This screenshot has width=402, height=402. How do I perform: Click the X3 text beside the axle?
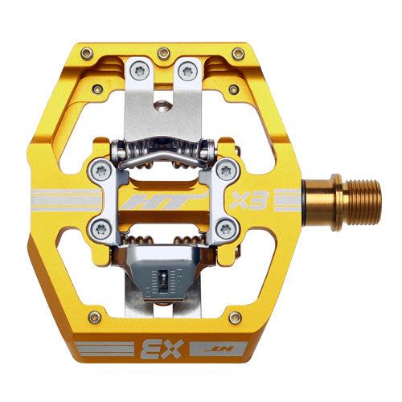(x=255, y=199)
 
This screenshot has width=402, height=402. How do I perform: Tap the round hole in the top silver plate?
(x=164, y=105)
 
